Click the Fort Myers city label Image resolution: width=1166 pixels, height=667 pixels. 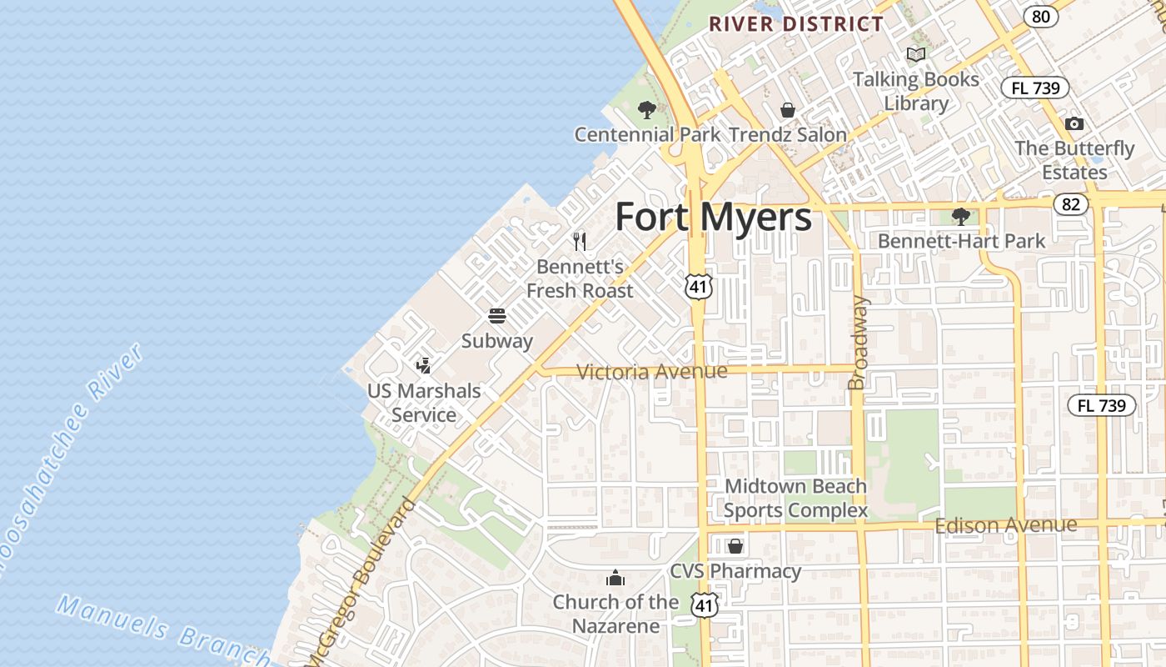pyautogui.click(x=713, y=218)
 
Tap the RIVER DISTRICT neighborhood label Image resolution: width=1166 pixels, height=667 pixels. pyautogui.click(x=795, y=24)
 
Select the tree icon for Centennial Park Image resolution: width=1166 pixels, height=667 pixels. pyautogui.click(x=646, y=109)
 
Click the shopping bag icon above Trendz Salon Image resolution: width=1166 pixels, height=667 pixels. pyautogui.click(x=787, y=109)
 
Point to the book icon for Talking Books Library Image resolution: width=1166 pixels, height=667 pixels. pyautogui.click(x=916, y=55)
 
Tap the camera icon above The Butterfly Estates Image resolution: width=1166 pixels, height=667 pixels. pyautogui.click(x=1074, y=124)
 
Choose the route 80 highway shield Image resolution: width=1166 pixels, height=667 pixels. pyautogui.click(x=1041, y=16)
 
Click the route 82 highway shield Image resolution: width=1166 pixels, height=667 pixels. pyautogui.click(x=1071, y=204)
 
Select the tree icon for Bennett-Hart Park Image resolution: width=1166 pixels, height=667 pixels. pyautogui.click(x=961, y=217)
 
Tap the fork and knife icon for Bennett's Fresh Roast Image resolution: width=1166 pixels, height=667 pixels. pyautogui.click(x=580, y=242)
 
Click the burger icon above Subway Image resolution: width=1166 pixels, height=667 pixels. pyautogui.click(x=497, y=316)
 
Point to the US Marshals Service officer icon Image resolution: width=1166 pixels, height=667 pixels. pyautogui.click(x=424, y=365)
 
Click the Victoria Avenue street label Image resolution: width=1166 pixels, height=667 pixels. pyautogui.click(x=651, y=372)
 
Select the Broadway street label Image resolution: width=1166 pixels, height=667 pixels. pyautogui.click(x=858, y=342)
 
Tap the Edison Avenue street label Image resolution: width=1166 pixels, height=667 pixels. pyautogui.click(x=1005, y=525)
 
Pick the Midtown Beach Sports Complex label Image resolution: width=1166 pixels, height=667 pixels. pyautogui.click(x=795, y=498)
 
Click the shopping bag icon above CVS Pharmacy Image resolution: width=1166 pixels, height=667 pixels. pyautogui.click(x=735, y=546)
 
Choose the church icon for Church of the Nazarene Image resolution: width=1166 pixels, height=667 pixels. pyautogui.click(x=615, y=577)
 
